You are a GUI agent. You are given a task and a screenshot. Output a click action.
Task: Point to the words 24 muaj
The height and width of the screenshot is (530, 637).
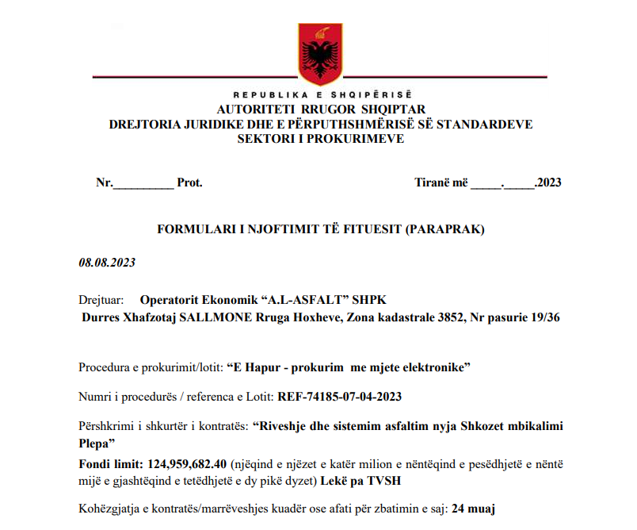coord(474,507)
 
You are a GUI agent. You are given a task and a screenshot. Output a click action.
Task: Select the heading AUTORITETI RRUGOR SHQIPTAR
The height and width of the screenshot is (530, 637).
coord(321,109)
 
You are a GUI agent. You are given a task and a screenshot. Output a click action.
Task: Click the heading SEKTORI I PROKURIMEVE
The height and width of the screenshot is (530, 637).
coord(321,139)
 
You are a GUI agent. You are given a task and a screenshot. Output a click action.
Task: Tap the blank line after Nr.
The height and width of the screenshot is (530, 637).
coord(143,183)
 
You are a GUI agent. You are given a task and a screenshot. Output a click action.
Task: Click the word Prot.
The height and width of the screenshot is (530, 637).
coord(189,182)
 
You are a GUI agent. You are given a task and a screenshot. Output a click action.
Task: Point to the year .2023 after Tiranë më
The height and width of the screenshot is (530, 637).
coord(548,182)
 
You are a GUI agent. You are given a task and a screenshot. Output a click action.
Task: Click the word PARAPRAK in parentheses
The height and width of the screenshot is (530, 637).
coord(444,230)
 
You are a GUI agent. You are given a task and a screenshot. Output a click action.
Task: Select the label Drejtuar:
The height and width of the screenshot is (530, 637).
coord(101,300)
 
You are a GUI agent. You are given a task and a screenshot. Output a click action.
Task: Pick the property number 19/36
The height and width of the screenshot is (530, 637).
coord(544,318)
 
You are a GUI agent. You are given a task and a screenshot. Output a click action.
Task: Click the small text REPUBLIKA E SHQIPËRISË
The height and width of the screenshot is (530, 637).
coord(320,96)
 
